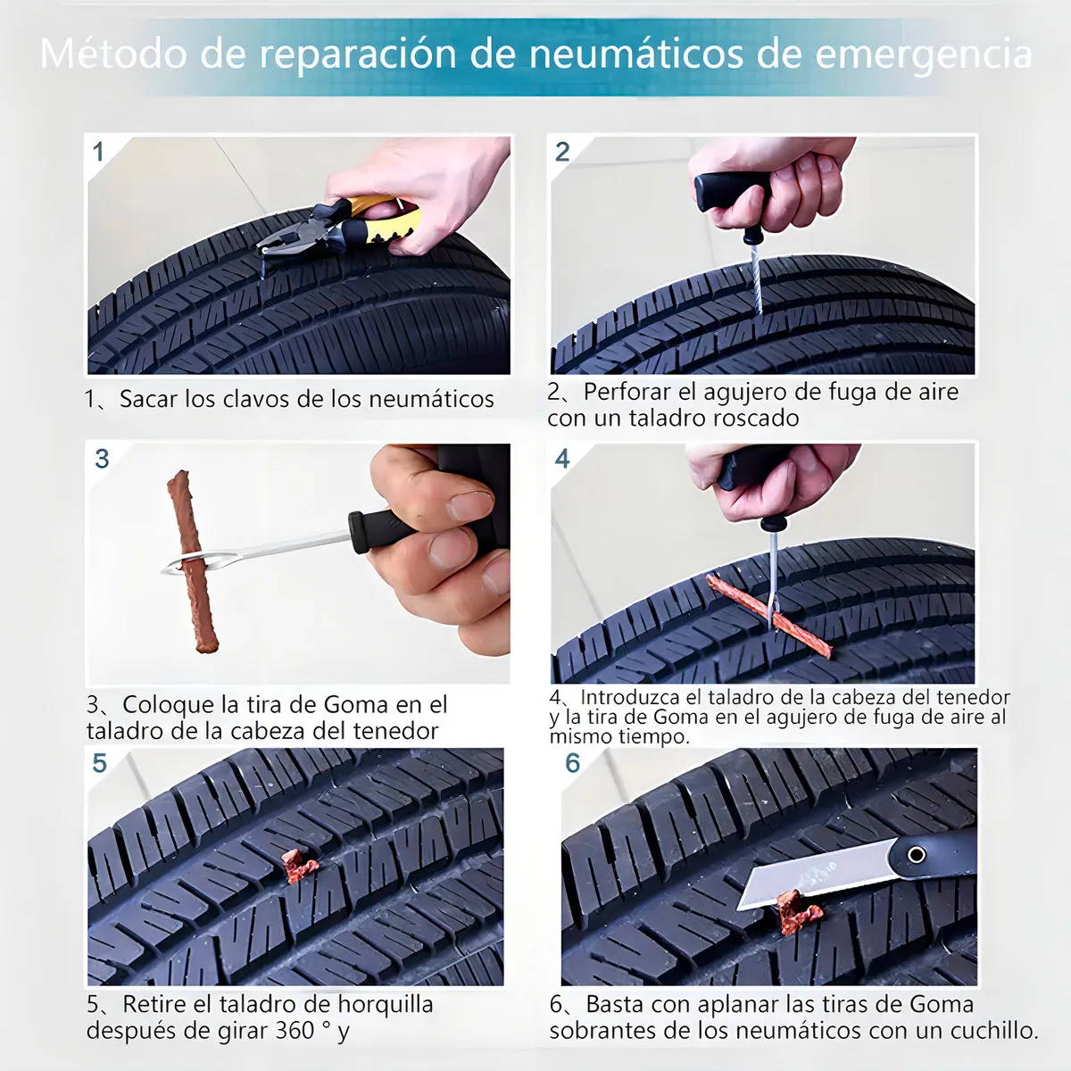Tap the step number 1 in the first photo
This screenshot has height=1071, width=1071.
[x=99, y=152]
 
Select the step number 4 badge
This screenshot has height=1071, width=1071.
[x=562, y=459]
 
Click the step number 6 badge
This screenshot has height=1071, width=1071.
[x=572, y=763]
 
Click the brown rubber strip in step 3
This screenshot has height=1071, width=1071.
[x=193, y=561]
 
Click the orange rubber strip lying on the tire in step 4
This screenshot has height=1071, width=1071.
[x=769, y=617]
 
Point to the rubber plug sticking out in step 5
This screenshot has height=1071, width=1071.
[x=300, y=866]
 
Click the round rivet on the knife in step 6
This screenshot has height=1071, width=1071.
[x=916, y=854]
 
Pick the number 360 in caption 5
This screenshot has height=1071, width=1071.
[x=295, y=1031]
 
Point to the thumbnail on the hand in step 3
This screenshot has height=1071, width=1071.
[x=469, y=505]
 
